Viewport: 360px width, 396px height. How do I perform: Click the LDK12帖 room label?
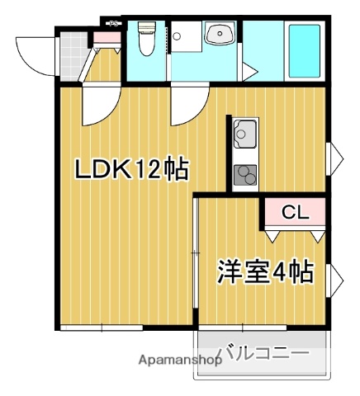[132, 170]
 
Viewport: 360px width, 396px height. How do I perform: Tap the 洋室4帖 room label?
[265, 271]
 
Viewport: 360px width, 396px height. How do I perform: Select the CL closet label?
[294, 213]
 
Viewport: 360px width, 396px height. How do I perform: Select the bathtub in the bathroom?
[303, 50]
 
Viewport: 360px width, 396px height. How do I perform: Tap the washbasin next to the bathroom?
[220, 35]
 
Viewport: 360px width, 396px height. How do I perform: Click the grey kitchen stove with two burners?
[245, 175]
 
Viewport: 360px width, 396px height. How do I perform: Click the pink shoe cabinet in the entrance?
[105, 37]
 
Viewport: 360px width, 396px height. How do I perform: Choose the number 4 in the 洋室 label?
[280, 271]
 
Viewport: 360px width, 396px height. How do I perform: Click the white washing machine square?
[185, 36]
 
